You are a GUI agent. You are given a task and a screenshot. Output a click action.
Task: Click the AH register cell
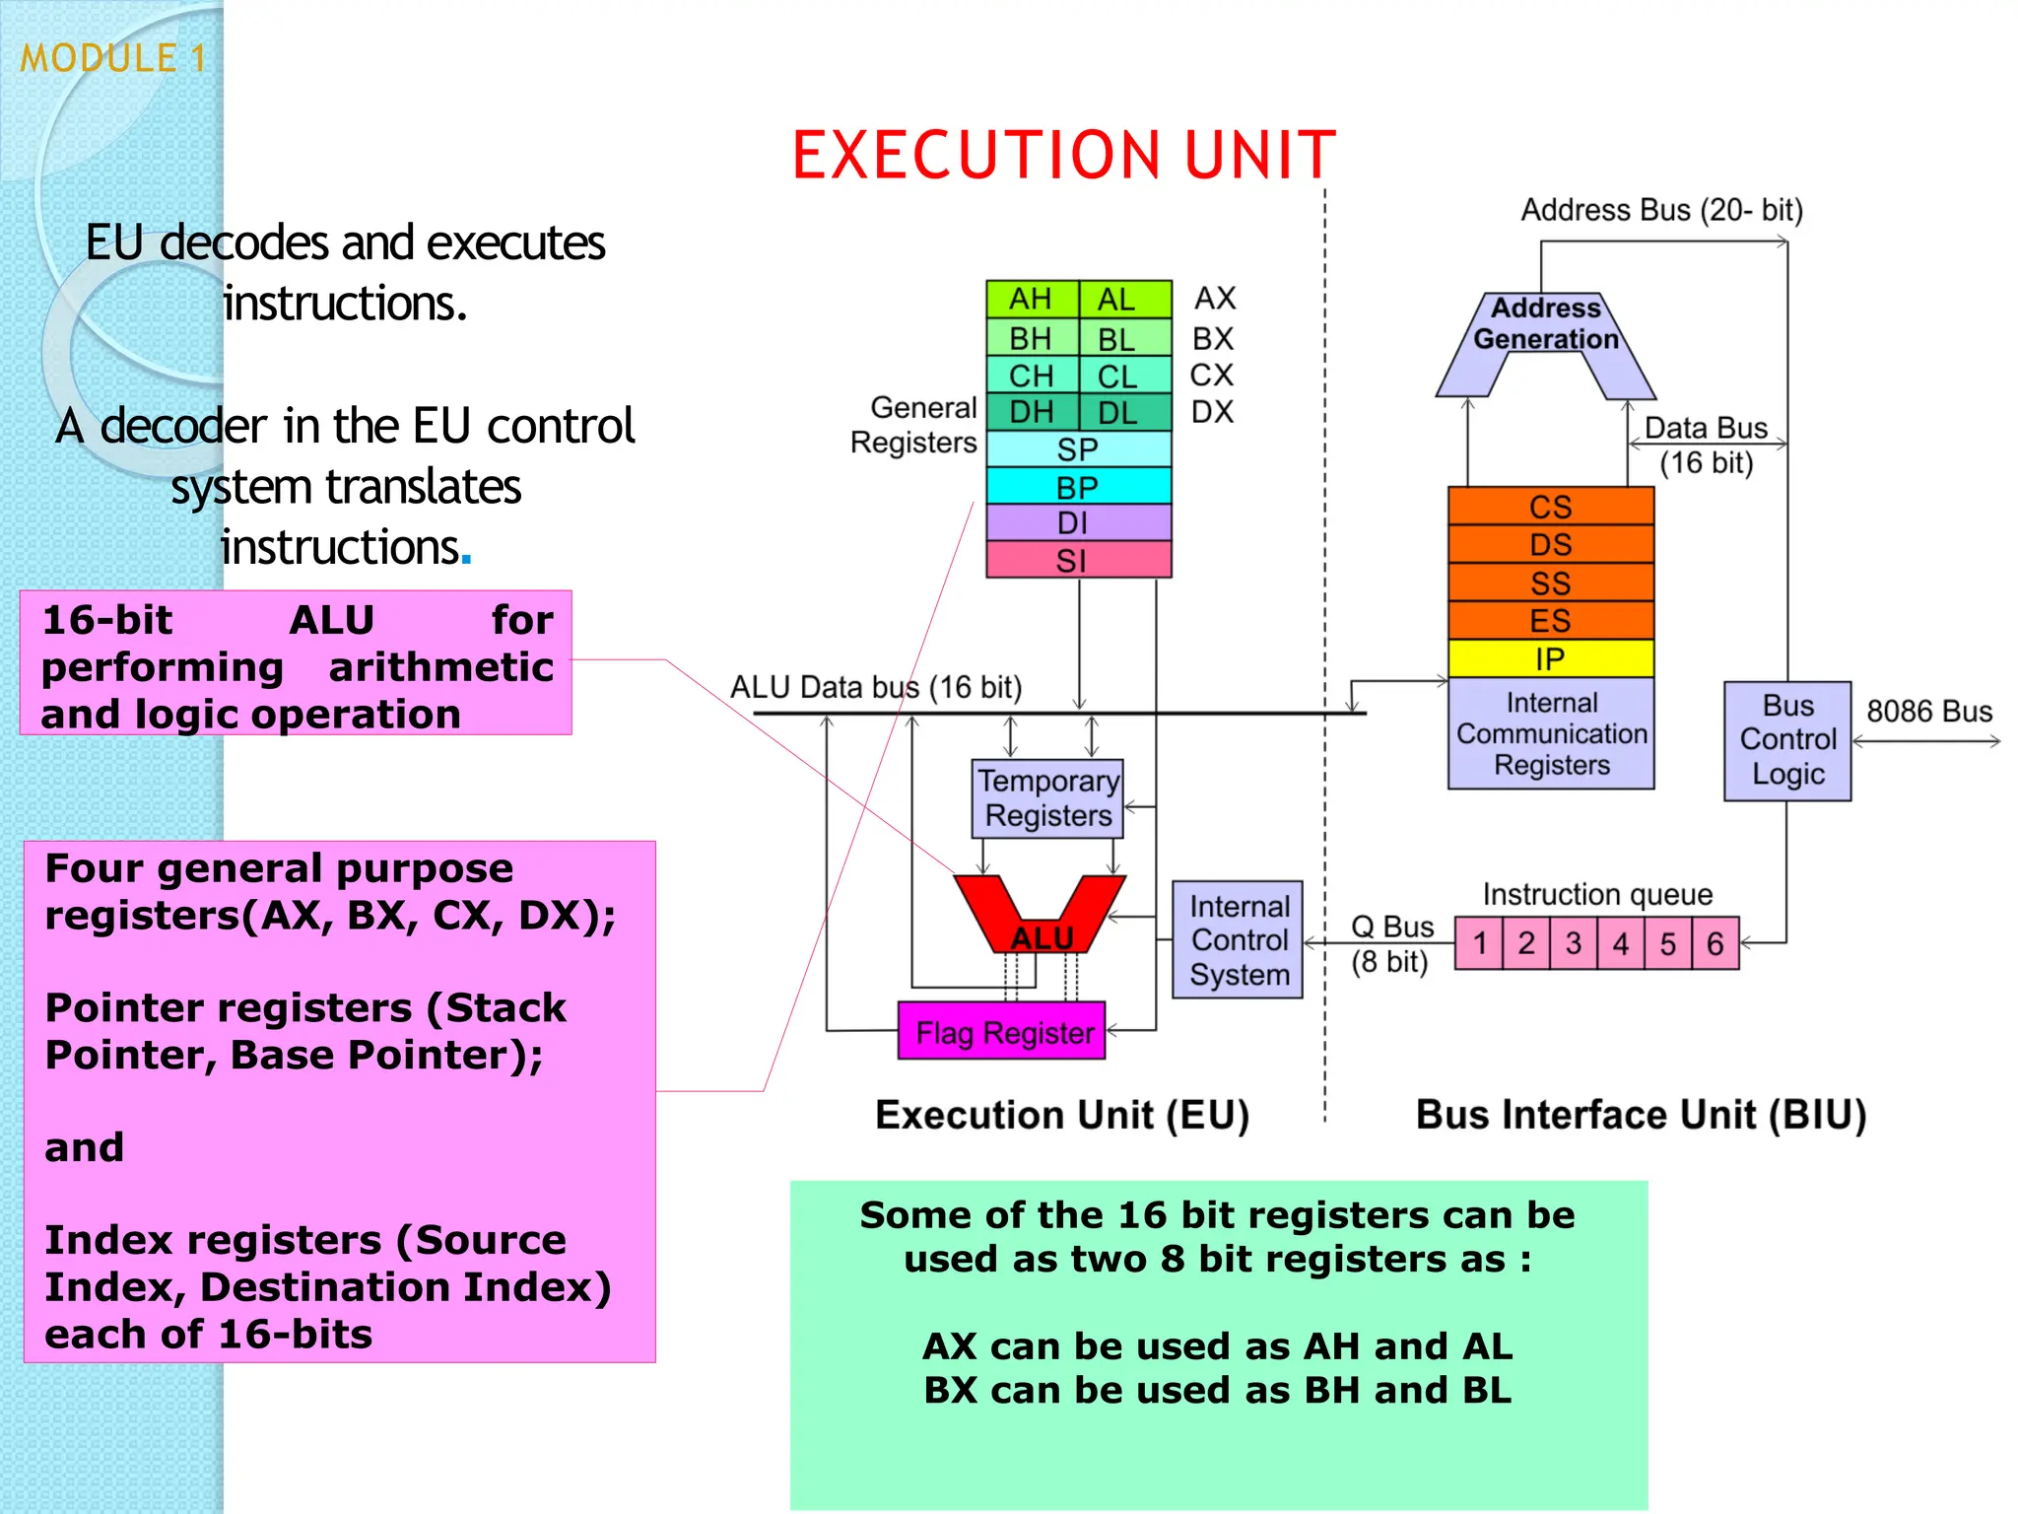[x=1031, y=299]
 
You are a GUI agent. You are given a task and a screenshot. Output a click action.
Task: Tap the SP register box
[x=1078, y=449]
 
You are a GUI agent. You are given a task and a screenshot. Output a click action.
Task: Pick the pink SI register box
[x=1078, y=560]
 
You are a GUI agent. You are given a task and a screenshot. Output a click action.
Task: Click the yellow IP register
[x=1550, y=658]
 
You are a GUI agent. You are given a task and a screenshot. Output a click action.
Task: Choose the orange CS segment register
[x=1550, y=507]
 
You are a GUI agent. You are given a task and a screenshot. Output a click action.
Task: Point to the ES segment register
[x=1550, y=621]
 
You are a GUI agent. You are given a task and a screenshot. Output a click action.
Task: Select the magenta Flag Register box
[x=1002, y=1032]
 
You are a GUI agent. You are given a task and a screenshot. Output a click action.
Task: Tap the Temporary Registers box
[x=1047, y=798]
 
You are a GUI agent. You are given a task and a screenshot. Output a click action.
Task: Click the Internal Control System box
[x=1238, y=940]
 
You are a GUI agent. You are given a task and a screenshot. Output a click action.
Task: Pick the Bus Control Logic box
[x=1786, y=740]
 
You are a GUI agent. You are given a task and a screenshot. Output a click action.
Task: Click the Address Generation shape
[x=1545, y=325]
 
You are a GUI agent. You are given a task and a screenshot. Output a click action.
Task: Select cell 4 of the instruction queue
[x=1620, y=943]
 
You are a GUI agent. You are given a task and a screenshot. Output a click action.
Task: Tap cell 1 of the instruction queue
[x=1479, y=943]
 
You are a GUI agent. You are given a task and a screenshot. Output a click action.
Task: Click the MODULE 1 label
[x=113, y=58]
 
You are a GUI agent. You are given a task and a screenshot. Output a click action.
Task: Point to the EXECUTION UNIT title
[x=1063, y=156]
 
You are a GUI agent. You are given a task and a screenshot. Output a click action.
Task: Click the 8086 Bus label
[x=1928, y=711]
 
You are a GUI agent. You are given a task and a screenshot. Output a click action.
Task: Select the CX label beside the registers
[x=1211, y=376]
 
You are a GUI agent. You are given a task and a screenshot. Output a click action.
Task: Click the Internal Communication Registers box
[x=1550, y=733]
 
